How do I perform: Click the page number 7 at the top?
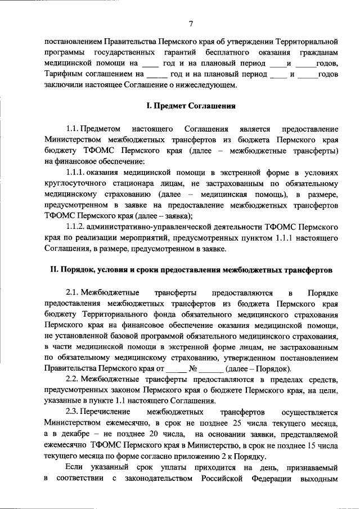coord(191,24)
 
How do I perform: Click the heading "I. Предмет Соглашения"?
coord(191,106)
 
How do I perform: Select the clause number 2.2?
coord(74,380)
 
